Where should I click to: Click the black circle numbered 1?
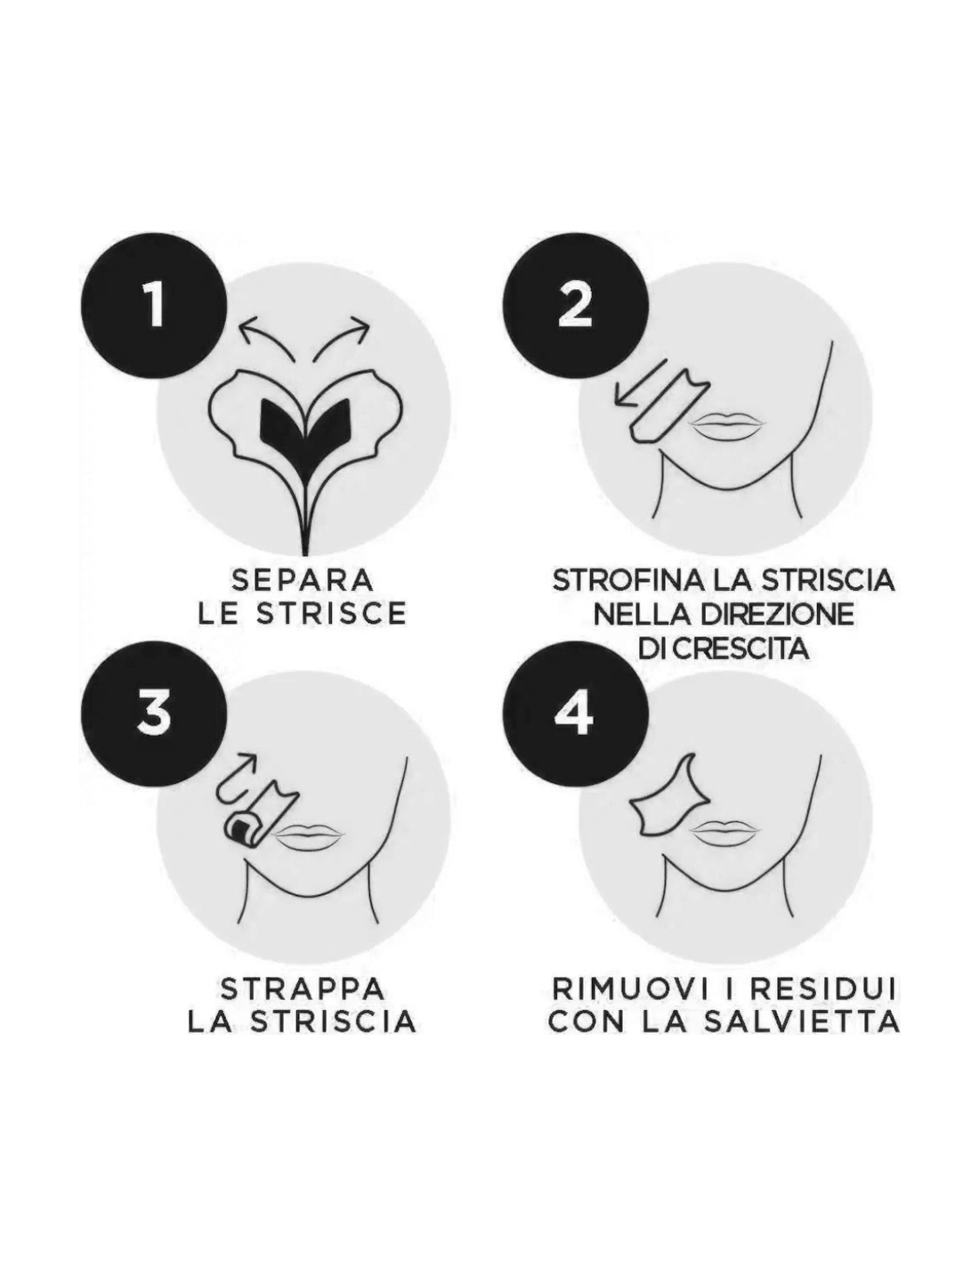coord(153,305)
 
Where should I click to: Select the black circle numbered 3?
coord(153,713)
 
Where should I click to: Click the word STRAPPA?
coord(303,989)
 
